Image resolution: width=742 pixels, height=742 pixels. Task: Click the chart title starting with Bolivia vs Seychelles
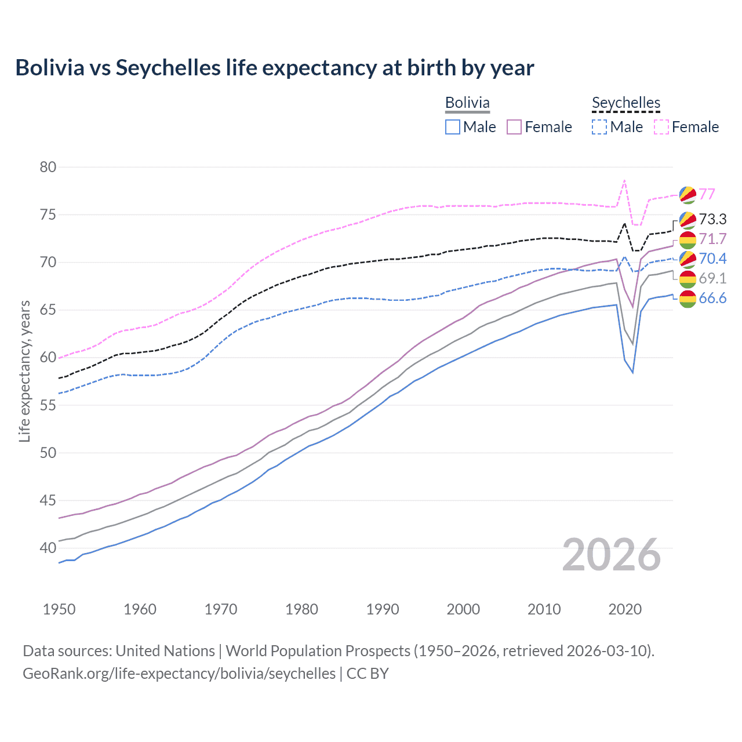pyautogui.click(x=274, y=68)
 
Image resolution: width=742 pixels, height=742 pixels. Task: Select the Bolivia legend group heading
pyautogui.click(x=467, y=103)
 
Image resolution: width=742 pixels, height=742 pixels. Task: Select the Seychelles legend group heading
pyautogui.click(x=625, y=103)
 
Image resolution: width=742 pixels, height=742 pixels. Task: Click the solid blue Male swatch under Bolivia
pyautogui.click(x=453, y=127)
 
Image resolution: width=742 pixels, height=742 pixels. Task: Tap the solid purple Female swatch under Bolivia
pyautogui.click(x=514, y=127)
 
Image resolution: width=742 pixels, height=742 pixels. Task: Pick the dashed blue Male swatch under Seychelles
pyautogui.click(x=599, y=127)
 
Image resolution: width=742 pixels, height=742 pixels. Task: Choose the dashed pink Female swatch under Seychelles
pyautogui.click(x=661, y=127)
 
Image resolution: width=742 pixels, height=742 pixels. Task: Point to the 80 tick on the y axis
pyautogui.click(x=48, y=168)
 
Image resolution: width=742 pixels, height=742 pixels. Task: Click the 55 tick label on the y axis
pyautogui.click(x=48, y=405)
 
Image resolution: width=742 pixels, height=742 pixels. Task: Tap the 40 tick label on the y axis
pyautogui.click(x=48, y=548)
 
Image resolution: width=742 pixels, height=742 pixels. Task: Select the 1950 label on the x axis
pyautogui.click(x=59, y=609)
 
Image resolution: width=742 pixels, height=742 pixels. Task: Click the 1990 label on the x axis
pyautogui.click(x=383, y=609)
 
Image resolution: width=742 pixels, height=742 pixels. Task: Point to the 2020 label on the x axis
pyautogui.click(x=625, y=609)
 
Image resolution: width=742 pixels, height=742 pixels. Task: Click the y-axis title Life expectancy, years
pyautogui.click(x=24, y=371)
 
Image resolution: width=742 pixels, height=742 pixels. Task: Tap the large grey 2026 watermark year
pyautogui.click(x=611, y=555)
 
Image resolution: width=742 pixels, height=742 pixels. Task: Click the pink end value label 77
pyautogui.click(x=707, y=194)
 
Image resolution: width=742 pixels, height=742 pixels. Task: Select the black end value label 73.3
pyautogui.click(x=712, y=219)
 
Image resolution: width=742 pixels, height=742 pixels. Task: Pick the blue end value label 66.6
pyautogui.click(x=712, y=299)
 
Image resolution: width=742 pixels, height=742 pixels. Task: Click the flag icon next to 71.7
pyautogui.click(x=688, y=239)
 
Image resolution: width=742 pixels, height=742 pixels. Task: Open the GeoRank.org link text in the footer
pyautogui.click(x=179, y=674)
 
